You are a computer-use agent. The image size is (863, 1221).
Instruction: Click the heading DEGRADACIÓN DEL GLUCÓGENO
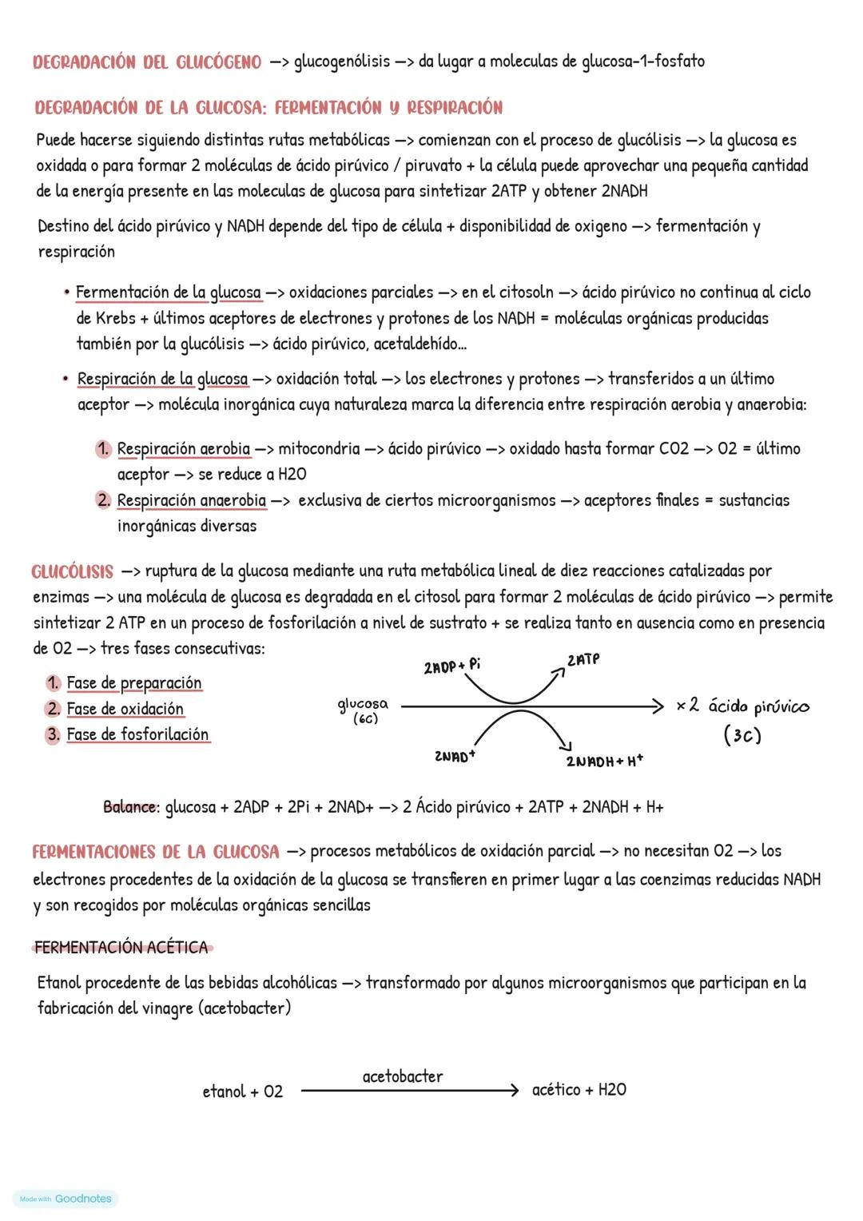[147, 62]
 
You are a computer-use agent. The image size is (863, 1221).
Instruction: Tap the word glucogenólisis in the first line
[342, 62]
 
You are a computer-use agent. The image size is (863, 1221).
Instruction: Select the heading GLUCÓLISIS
[73, 572]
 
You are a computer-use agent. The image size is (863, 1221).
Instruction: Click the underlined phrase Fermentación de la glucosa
[168, 292]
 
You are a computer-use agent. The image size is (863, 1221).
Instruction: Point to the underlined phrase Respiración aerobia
[183, 449]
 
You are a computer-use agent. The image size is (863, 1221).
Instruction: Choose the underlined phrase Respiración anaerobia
[191, 501]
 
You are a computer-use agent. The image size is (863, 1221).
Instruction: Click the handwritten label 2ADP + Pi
[451, 666]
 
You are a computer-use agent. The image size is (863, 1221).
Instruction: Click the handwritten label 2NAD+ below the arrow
[455, 756]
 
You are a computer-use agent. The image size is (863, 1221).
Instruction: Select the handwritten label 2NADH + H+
[604, 761]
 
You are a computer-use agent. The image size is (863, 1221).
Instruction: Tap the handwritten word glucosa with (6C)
[363, 710]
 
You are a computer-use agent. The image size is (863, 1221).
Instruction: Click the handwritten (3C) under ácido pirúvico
[742, 735]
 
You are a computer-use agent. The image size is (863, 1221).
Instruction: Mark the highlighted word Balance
[130, 807]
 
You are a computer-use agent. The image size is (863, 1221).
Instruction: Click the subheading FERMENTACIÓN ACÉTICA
[121, 948]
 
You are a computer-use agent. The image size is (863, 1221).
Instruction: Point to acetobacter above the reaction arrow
[403, 1076]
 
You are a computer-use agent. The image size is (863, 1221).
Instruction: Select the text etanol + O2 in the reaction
[243, 1092]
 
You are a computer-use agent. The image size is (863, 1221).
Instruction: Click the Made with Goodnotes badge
[66, 1199]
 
